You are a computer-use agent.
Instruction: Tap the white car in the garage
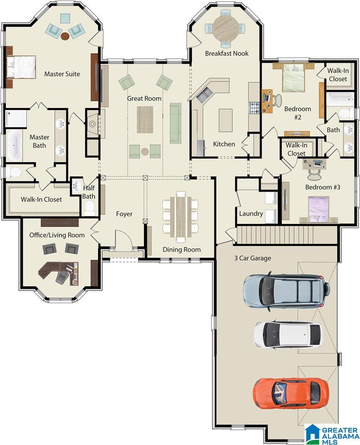pos(288,334)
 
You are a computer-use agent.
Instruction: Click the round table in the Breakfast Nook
pos(226,28)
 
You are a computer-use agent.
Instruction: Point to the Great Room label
pos(144,98)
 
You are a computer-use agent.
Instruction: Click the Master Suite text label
pos(62,74)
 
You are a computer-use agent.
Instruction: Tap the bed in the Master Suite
pos(21,67)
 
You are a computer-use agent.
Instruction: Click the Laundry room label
pos(251,213)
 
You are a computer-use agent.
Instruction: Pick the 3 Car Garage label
pos(253,258)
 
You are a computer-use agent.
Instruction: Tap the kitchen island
pos(226,120)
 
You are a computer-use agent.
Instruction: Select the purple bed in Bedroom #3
pos(319,209)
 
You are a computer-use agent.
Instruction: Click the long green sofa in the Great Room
pos(176,123)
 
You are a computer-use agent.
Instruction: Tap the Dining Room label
pos(182,249)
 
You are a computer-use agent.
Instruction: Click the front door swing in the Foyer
pos(124,239)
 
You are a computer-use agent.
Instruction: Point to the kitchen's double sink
pos(205,95)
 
